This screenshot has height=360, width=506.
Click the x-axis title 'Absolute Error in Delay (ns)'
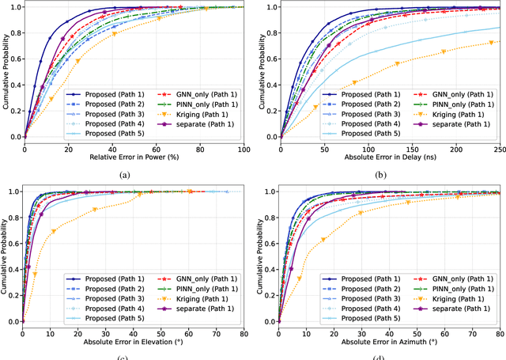point(389,157)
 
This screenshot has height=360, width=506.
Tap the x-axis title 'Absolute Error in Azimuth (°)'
point(389,341)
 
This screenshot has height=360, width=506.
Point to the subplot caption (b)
point(389,173)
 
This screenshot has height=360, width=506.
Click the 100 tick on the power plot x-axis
point(244,147)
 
